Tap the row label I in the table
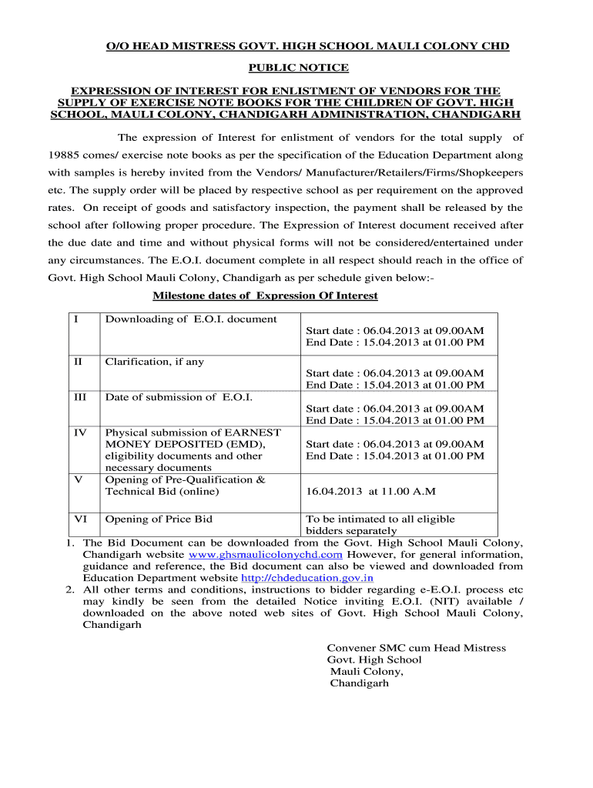pyautogui.click(x=76, y=319)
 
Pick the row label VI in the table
pyautogui.click(x=80, y=519)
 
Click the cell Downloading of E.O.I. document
pyautogui.click(x=191, y=319)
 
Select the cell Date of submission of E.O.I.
pyautogui.click(x=179, y=397)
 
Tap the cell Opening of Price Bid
pyautogui.click(x=159, y=519)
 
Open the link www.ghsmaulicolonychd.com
pyautogui.click(x=266, y=554)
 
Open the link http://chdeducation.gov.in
pyautogui.click(x=307, y=578)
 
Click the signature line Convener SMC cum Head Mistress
pyautogui.click(x=417, y=648)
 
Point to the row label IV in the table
pyautogui.click(x=80, y=432)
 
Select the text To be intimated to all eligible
pyautogui.click(x=380, y=519)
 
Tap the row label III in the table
pyautogui.click(x=79, y=397)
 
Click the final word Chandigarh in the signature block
pyautogui.click(x=360, y=683)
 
